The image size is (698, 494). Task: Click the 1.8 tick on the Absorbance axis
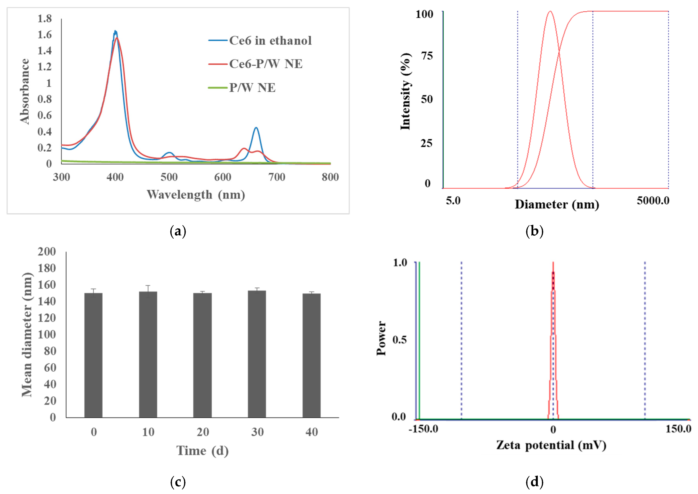click(44, 19)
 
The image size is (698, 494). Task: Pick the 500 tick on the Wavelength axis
click(169, 177)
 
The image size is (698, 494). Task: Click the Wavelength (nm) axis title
click(196, 195)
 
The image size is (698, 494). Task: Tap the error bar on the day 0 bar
click(93, 291)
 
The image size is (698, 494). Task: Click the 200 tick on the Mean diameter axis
click(47, 252)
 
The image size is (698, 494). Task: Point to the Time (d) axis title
click(202, 451)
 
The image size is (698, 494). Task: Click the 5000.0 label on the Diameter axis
click(653, 201)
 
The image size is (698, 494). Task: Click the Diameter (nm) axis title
click(557, 204)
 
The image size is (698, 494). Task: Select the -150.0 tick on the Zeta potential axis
click(423, 429)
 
